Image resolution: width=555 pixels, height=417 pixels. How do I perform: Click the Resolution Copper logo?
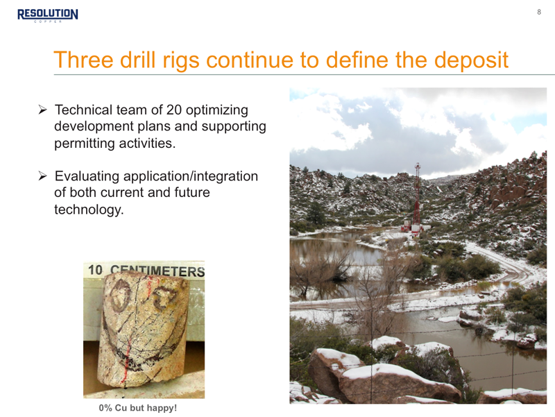pyautogui.click(x=48, y=15)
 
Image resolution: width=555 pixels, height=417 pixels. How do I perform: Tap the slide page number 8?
pyautogui.click(x=539, y=12)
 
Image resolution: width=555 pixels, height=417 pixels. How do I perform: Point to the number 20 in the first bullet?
pyautogui.click(x=174, y=110)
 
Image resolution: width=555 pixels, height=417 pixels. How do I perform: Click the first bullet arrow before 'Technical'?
pyautogui.click(x=42, y=110)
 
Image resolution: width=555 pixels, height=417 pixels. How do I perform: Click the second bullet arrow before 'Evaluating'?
pyautogui.click(x=42, y=176)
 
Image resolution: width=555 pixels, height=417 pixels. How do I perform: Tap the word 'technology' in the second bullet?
pyautogui.click(x=87, y=210)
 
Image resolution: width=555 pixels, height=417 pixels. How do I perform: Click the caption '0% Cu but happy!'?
pyautogui.click(x=137, y=408)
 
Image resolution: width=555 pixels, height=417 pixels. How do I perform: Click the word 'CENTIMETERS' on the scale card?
pyautogui.click(x=157, y=271)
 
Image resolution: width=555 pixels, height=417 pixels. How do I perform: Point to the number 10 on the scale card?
pyautogui.click(x=95, y=270)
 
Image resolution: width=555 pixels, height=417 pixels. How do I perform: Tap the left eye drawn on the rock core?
pyautogui.click(x=119, y=295)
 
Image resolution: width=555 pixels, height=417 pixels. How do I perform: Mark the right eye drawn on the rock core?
pyautogui.click(x=164, y=298)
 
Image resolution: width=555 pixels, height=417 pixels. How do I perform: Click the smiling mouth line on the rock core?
pyautogui.click(x=142, y=354)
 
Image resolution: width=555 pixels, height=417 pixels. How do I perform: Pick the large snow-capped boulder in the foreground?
pyautogui.click(x=402, y=384)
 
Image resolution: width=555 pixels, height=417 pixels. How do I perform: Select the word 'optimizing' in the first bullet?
pyautogui.click(x=216, y=110)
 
